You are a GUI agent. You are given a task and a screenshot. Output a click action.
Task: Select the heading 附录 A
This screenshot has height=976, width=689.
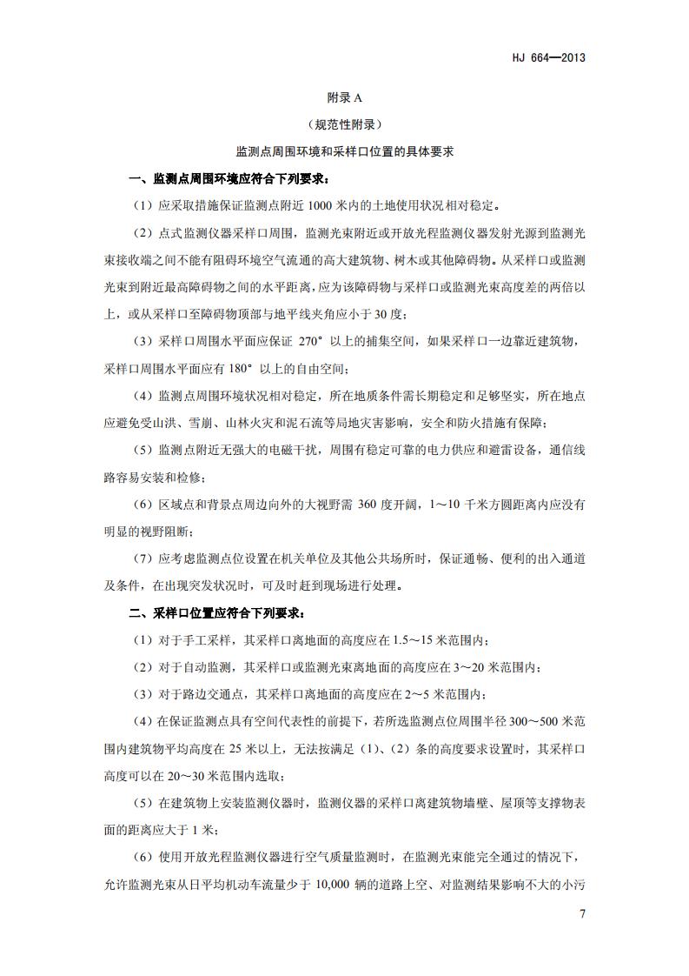pyautogui.click(x=344, y=98)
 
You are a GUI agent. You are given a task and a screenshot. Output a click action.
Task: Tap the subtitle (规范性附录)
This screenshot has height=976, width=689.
pyautogui.click(x=344, y=124)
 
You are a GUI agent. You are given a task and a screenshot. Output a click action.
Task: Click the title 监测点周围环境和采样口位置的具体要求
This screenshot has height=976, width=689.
pyautogui.click(x=344, y=151)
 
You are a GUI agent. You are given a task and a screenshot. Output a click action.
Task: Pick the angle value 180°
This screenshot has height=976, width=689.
pyautogui.click(x=250, y=369)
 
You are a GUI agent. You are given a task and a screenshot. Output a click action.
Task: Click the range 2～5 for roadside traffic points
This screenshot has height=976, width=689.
pyautogui.click(x=416, y=695)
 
